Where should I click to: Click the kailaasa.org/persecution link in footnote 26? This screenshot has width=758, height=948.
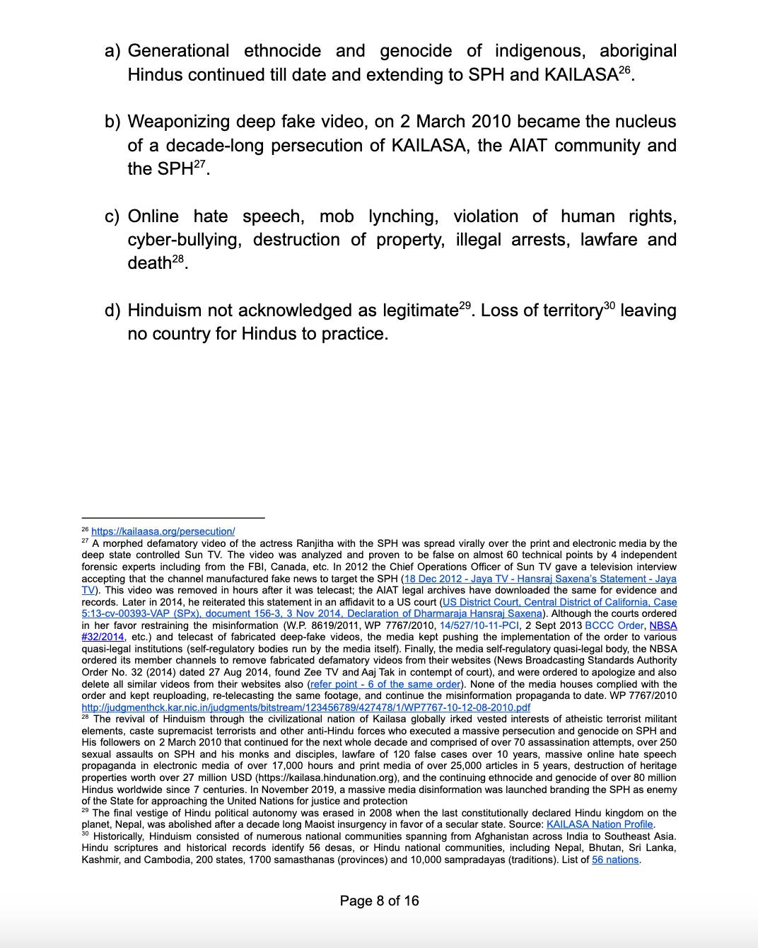click(x=163, y=531)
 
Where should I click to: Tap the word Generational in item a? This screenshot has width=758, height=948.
click(x=178, y=52)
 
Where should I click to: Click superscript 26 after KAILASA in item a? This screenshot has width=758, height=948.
click(x=624, y=70)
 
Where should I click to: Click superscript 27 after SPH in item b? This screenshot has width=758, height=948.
click(x=201, y=164)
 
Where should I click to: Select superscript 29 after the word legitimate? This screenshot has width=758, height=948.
click(x=465, y=306)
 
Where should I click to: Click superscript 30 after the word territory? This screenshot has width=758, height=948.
click(x=609, y=306)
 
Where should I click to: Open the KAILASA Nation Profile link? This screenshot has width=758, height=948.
click(x=600, y=824)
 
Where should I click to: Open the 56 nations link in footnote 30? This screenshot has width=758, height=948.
click(x=615, y=860)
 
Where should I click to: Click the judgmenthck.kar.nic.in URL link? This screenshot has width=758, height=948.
click(x=305, y=707)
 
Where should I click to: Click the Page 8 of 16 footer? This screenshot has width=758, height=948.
click(x=379, y=901)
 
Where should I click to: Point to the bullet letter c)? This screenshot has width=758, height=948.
click(x=112, y=216)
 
